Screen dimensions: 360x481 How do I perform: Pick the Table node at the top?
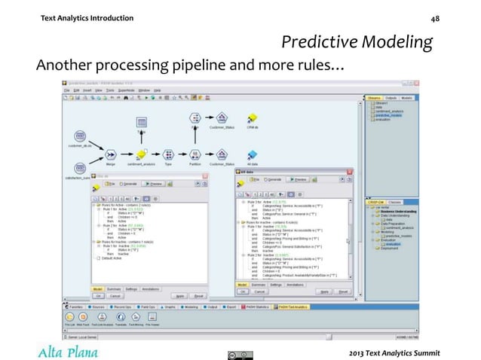coord(141,121)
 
